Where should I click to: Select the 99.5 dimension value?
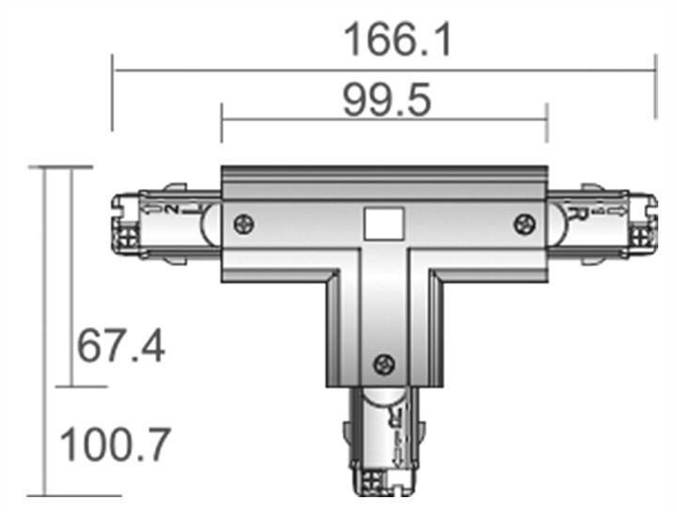point(386,101)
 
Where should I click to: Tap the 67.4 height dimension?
point(121,347)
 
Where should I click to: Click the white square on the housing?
point(383,224)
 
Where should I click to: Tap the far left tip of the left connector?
point(114,224)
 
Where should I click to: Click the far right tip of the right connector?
point(653,224)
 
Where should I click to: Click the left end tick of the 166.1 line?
point(113,92)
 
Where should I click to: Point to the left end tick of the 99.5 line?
point(222,122)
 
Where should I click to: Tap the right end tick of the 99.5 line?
point(546,122)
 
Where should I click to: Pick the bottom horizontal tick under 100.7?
point(61,495)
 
